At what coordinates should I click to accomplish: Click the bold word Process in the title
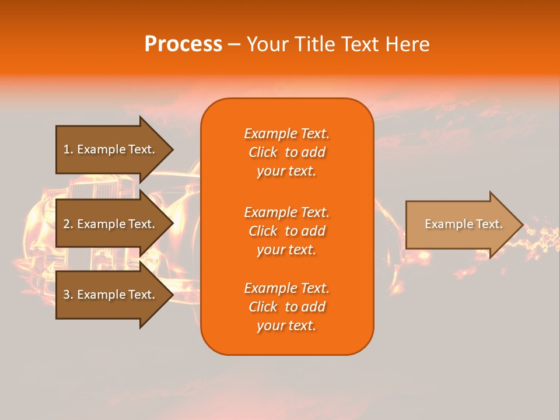coord(183,44)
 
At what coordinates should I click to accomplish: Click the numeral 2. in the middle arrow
coord(68,224)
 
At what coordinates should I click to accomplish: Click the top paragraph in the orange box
coord(286,152)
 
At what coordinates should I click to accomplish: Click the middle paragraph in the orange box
coord(286,231)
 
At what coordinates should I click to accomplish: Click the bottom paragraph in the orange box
coord(286,307)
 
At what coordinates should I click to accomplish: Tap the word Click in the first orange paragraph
coord(262,152)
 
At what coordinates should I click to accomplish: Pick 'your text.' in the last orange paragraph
coord(286,325)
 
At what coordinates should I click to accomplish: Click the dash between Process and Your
coord(234,45)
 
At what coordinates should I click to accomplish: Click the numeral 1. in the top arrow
coord(68,149)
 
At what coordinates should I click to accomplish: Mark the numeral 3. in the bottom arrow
coord(68,295)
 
